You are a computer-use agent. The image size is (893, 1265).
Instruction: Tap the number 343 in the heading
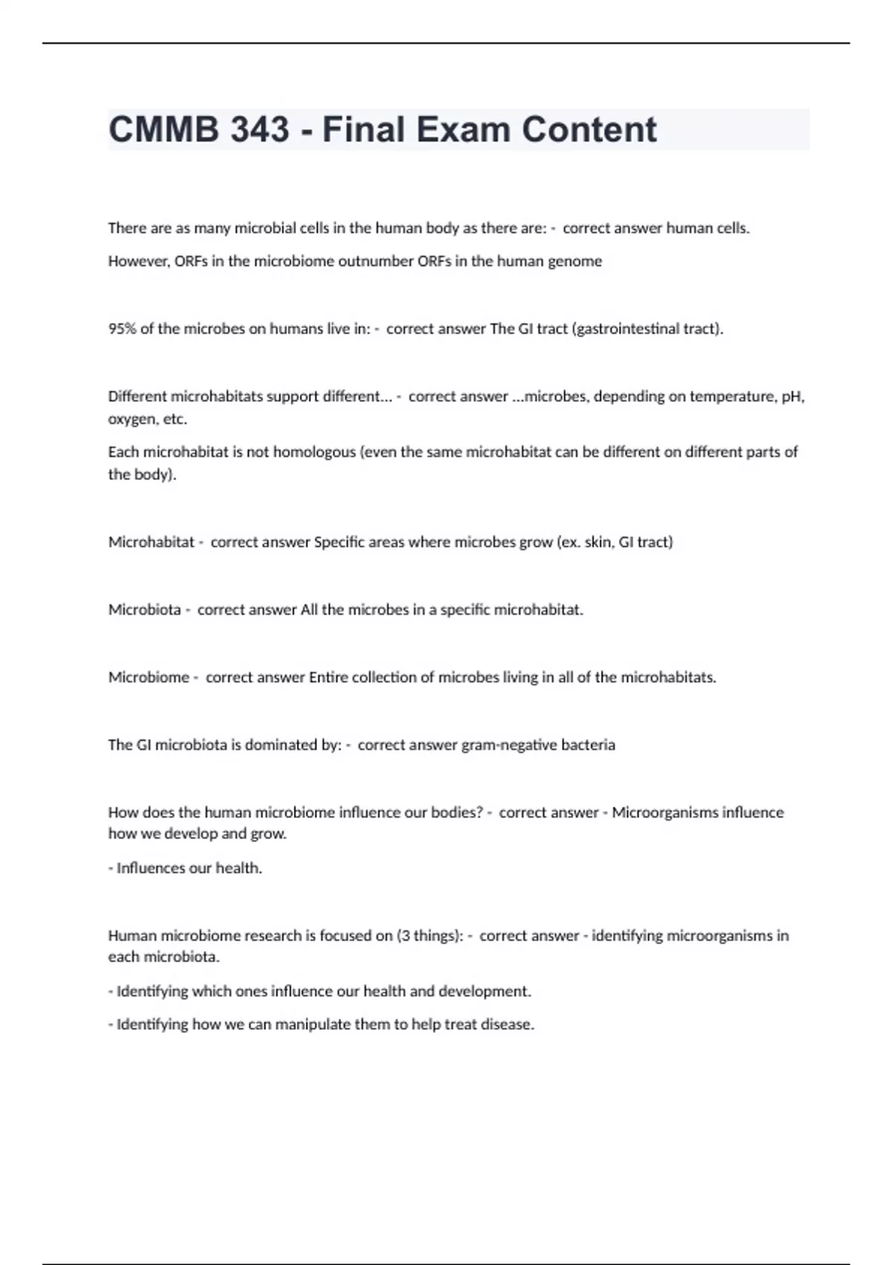[x=260, y=129]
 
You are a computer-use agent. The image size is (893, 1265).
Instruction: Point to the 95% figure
[x=122, y=329]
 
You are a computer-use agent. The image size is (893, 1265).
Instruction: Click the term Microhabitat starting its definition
[x=151, y=542]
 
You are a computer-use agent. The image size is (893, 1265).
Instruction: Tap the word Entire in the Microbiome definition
[x=328, y=677]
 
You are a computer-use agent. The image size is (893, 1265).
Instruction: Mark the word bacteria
[x=588, y=745]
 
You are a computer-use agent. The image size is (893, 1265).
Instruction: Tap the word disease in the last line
[x=510, y=1025]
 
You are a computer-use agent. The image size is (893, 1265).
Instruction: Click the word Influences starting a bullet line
[x=152, y=868]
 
